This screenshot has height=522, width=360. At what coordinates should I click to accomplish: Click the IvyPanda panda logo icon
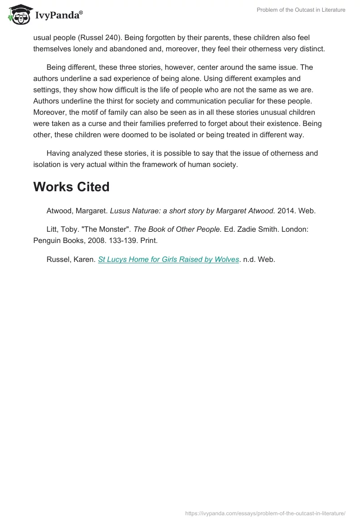(x=18, y=14)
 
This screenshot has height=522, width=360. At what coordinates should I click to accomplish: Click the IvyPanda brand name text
(x=58, y=16)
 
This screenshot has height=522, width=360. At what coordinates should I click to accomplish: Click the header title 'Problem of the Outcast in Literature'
(x=301, y=10)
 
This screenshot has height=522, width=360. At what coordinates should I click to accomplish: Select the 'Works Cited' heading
(x=71, y=187)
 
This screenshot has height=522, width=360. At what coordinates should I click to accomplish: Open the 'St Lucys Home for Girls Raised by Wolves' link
(x=168, y=259)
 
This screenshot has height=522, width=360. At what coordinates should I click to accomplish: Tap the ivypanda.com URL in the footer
(x=265, y=513)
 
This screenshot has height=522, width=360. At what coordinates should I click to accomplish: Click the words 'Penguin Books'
(x=56, y=240)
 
